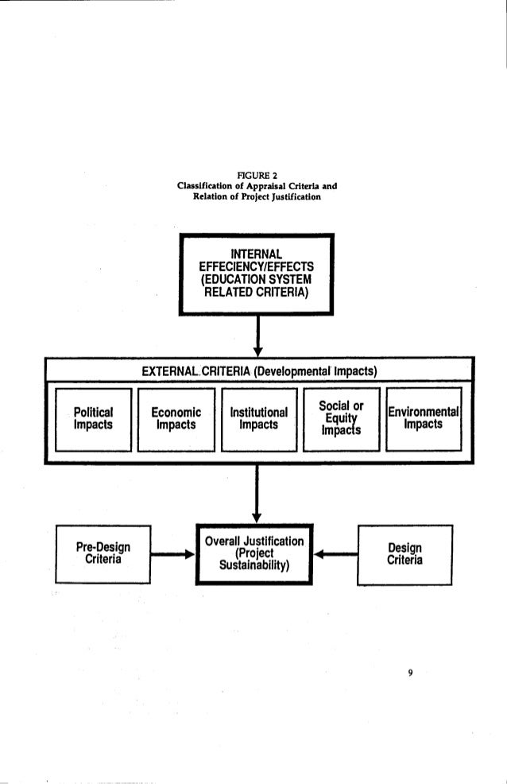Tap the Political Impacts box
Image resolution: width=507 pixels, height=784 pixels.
point(92,419)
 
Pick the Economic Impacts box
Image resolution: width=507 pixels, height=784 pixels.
point(176,419)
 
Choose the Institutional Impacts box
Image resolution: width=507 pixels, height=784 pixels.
point(259,419)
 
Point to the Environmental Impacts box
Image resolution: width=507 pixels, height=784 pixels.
point(423,419)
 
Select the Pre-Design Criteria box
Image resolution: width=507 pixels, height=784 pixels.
point(103,554)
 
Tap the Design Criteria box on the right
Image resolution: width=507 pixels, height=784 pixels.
point(405,554)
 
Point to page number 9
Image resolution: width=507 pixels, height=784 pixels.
point(410,673)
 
